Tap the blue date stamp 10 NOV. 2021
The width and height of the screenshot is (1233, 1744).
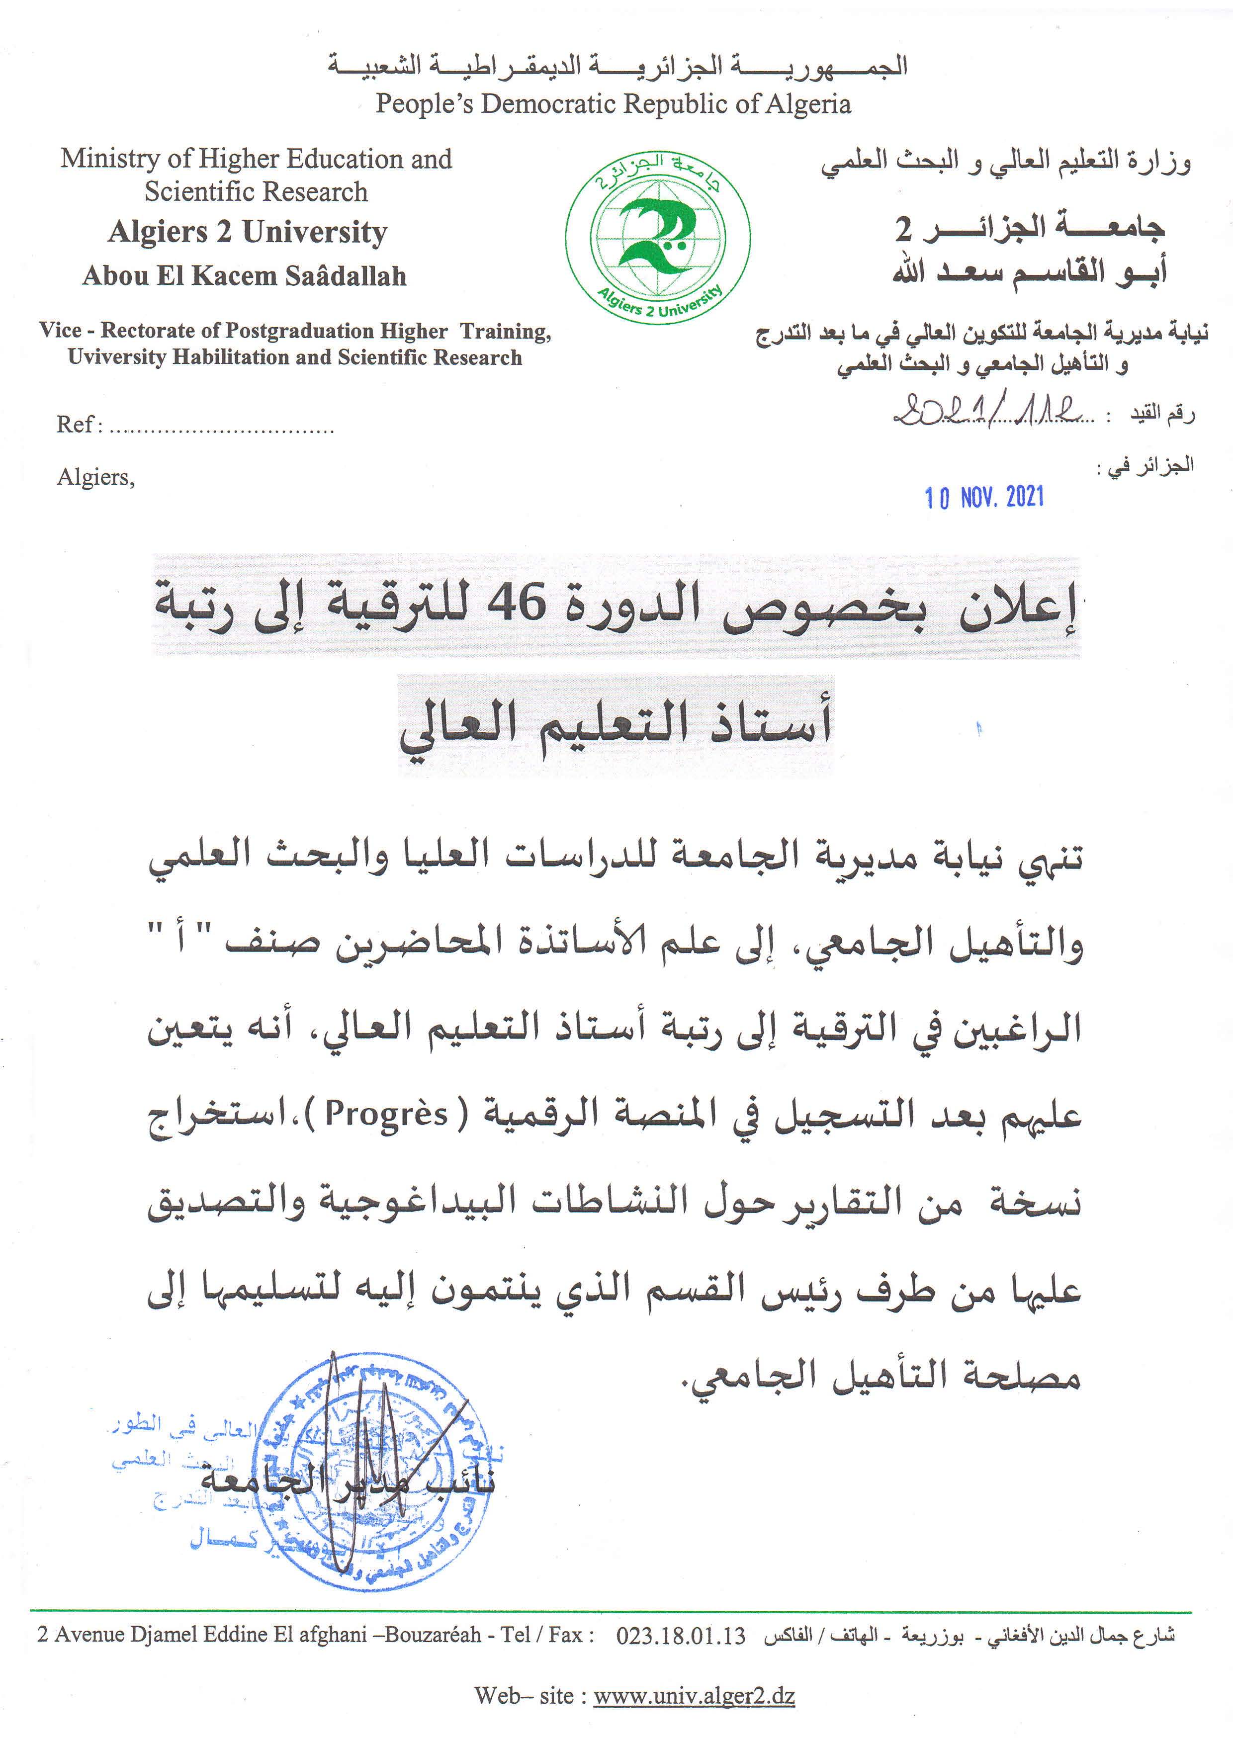(x=984, y=498)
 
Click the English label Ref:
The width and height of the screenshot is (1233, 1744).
(x=79, y=424)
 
